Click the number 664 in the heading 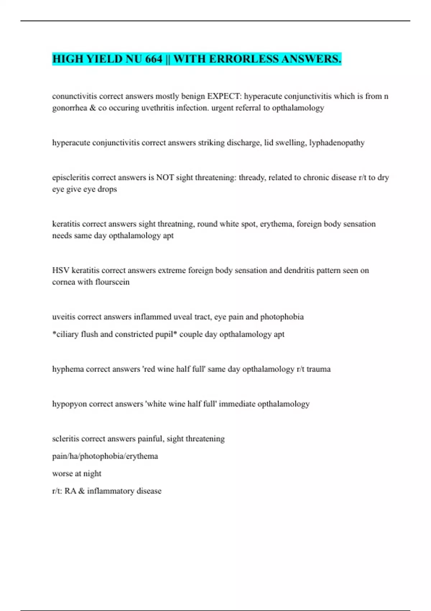coord(154,59)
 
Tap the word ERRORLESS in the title coord(244,59)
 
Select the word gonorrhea coord(70,108)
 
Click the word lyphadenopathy coord(337,143)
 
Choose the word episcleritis coord(71,178)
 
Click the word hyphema coord(68,369)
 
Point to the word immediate coord(237,404)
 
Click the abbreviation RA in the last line coord(70,491)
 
